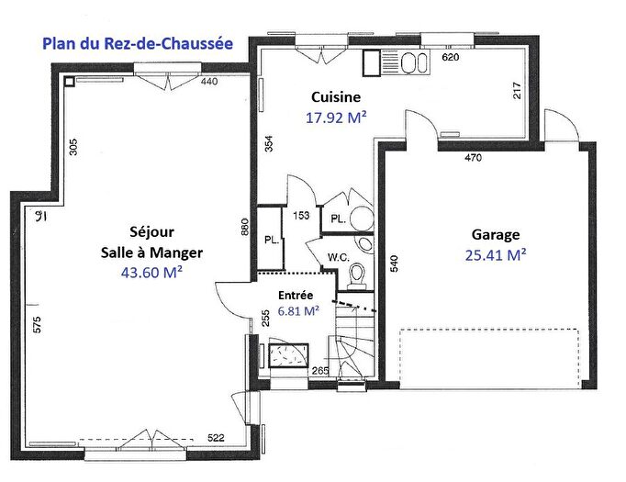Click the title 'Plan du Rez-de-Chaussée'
coord(138,42)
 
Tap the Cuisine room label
coord(335,96)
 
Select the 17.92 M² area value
coord(335,118)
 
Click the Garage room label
coord(495,234)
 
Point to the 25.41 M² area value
coord(495,255)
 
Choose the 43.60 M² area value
coord(151,272)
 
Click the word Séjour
coord(151,231)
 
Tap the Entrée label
coord(296,296)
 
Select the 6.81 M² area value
coord(298,311)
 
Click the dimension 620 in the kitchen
coord(450,57)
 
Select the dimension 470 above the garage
coord(473,158)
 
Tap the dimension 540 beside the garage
coord(395,264)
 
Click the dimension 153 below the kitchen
coord(299,216)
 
